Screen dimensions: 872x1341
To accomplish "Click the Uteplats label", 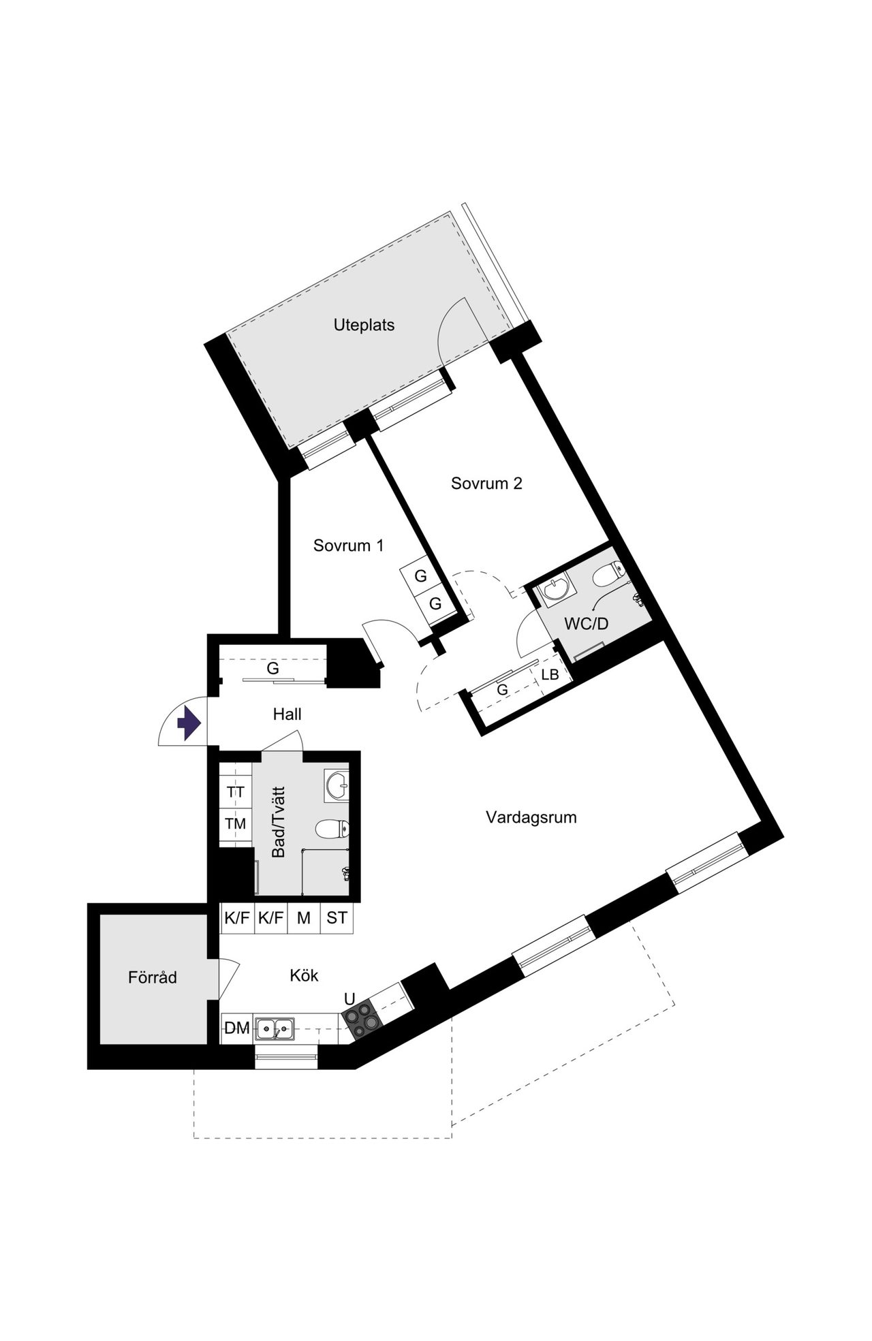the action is pyautogui.click(x=364, y=325).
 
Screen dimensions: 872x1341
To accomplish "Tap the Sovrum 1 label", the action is pyautogui.click(x=348, y=546).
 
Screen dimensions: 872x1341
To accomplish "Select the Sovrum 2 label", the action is pyautogui.click(x=486, y=484).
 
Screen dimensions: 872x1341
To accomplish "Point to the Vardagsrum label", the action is pyautogui.click(x=531, y=817).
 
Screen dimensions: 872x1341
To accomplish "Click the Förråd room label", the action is pyautogui.click(x=153, y=977).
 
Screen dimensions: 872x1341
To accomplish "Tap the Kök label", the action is pyautogui.click(x=304, y=975).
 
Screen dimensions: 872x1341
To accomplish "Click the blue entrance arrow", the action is pyautogui.click(x=187, y=723).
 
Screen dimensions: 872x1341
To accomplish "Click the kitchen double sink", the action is pyautogui.click(x=275, y=1028).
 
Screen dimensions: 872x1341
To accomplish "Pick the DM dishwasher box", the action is pyautogui.click(x=237, y=1028).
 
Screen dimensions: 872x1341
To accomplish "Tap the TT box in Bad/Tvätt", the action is pyautogui.click(x=236, y=792).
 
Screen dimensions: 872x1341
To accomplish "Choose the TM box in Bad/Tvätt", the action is pyautogui.click(x=236, y=824).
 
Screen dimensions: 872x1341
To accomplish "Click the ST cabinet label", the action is pyautogui.click(x=337, y=918).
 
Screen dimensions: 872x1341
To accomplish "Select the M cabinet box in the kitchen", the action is pyautogui.click(x=304, y=918).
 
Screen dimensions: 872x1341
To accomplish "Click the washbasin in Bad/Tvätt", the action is pyautogui.click(x=337, y=785).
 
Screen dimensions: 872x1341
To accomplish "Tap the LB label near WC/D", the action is pyautogui.click(x=550, y=675).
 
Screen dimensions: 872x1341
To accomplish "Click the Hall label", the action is pyautogui.click(x=287, y=714).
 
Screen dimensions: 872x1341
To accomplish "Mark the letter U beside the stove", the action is pyautogui.click(x=349, y=999).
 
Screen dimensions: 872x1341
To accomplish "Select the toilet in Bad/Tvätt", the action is pyautogui.click(x=333, y=829).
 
